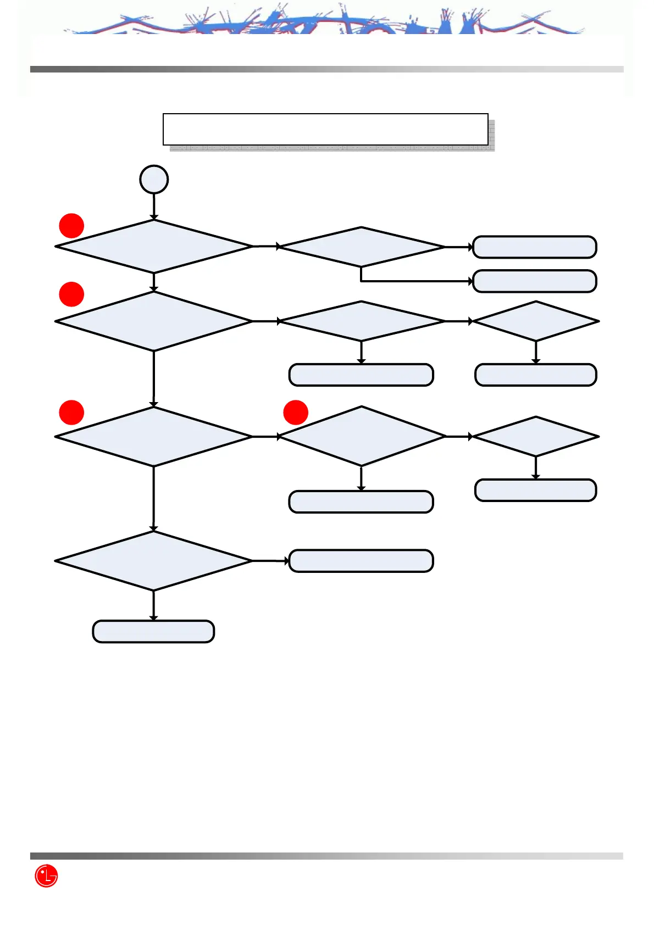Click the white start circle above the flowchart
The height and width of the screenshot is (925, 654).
click(154, 180)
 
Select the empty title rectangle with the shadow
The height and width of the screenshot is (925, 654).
click(325, 130)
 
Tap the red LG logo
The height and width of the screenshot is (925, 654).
click(46, 876)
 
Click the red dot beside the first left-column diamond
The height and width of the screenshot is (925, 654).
click(71, 226)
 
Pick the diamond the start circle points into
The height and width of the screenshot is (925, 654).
click(154, 247)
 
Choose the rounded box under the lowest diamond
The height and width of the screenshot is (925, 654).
click(153, 632)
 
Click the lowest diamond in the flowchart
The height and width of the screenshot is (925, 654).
click(154, 561)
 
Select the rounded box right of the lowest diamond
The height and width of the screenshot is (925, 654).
click(361, 561)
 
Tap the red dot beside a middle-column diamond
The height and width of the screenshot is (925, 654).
click(296, 413)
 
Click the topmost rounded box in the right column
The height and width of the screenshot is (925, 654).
click(535, 247)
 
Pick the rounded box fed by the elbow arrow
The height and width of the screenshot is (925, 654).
click(535, 281)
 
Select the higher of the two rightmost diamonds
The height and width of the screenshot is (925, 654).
click(536, 321)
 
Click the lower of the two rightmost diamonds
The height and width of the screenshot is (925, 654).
click(536, 437)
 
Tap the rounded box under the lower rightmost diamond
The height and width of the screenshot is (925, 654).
click(536, 491)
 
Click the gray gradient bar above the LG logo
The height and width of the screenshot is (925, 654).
click(326, 856)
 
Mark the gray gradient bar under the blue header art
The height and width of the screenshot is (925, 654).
click(326, 69)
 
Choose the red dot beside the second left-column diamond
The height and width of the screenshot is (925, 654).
click(71, 294)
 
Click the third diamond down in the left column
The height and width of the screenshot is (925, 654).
click(154, 437)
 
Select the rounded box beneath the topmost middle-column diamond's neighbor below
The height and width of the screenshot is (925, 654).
click(361, 375)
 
